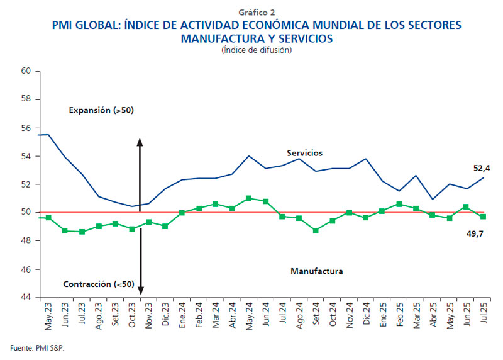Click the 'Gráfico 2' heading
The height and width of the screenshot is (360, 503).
pyautogui.click(x=257, y=12)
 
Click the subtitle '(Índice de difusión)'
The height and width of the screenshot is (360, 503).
pyautogui.click(x=257, y=50)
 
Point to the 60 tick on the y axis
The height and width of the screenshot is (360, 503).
pyautogui.click(x=26, y=71)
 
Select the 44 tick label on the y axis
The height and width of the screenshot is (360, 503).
pyautogui.click(x=26, y=298)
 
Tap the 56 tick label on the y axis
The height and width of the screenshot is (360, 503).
pyautogui.click(x=26, y=128)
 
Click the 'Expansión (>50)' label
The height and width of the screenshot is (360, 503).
pyautogui.click(x=101, y=110)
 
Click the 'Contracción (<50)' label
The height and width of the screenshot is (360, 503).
pyautogui.click(x=98, y=284)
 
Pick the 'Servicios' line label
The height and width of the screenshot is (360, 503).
pyautogui.click(x=305, y=153)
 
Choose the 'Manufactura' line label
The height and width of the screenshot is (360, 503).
pyautogui.click(x=317, y=271)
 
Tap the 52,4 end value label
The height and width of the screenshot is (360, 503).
pyautogui.click(x=482, y=168)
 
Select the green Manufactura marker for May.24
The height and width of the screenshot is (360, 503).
pyautogui.click(x=248, y=198)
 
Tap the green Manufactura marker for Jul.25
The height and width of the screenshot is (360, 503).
pyautogui.click(x=483, y=217)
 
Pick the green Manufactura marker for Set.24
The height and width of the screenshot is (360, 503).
pyautogui.click(x=316, y=230)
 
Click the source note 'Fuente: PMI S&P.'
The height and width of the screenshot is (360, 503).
pyautogui.click(x=37, y=347)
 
